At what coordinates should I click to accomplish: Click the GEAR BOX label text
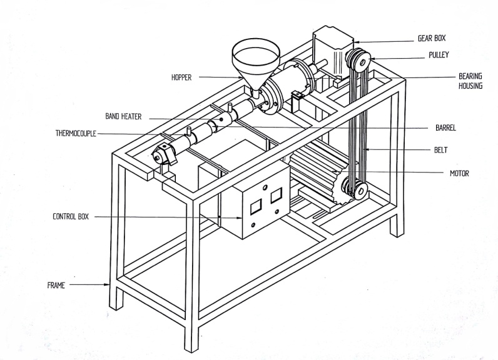tap(432, 38)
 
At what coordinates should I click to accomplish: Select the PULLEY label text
tap(439, 55)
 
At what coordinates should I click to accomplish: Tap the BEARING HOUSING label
tap(470, 81)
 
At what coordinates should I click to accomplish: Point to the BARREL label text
tap(445, 128)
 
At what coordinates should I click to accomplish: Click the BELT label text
tap(441, 150)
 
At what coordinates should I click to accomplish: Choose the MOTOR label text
tap(459, 173)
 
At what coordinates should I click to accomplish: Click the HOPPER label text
tap(181, 77)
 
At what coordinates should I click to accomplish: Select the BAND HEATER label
tap(123, 116)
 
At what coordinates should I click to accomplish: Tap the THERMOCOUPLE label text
tap(76, 133)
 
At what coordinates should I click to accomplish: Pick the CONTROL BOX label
tap(71, 216)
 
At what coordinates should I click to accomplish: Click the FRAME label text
tap(56, 285)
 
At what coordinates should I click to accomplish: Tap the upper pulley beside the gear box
tap(358, 60)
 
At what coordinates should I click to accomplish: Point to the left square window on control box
tap(256, 208)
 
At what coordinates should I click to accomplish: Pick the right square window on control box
tap(276, 196)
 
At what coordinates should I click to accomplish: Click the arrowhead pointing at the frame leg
tap(107, 284)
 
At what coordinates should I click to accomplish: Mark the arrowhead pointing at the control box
tap(239, 218)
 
